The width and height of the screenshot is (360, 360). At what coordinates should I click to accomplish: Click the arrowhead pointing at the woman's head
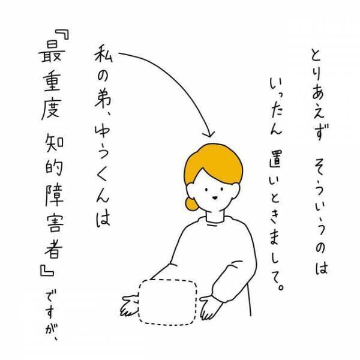pos(209,132)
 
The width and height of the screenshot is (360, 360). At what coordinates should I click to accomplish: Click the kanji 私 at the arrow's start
pos(101,60)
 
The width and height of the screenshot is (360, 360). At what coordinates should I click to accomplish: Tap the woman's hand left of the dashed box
pos(127,305)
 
